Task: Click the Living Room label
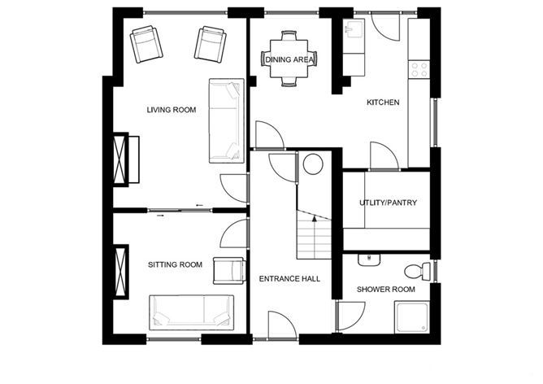[x=172, y=110]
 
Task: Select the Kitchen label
[x=383, y=103]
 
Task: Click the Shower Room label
[x=386, y=289]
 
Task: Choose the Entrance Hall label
[x=289, y=279]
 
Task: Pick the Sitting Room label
[x=175, y=264]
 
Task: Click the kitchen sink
[x=352, y=31]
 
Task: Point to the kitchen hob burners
[x=420, y=69]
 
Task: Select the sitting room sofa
[x=191, y=313]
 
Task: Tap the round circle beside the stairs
[x=314, y=165]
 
